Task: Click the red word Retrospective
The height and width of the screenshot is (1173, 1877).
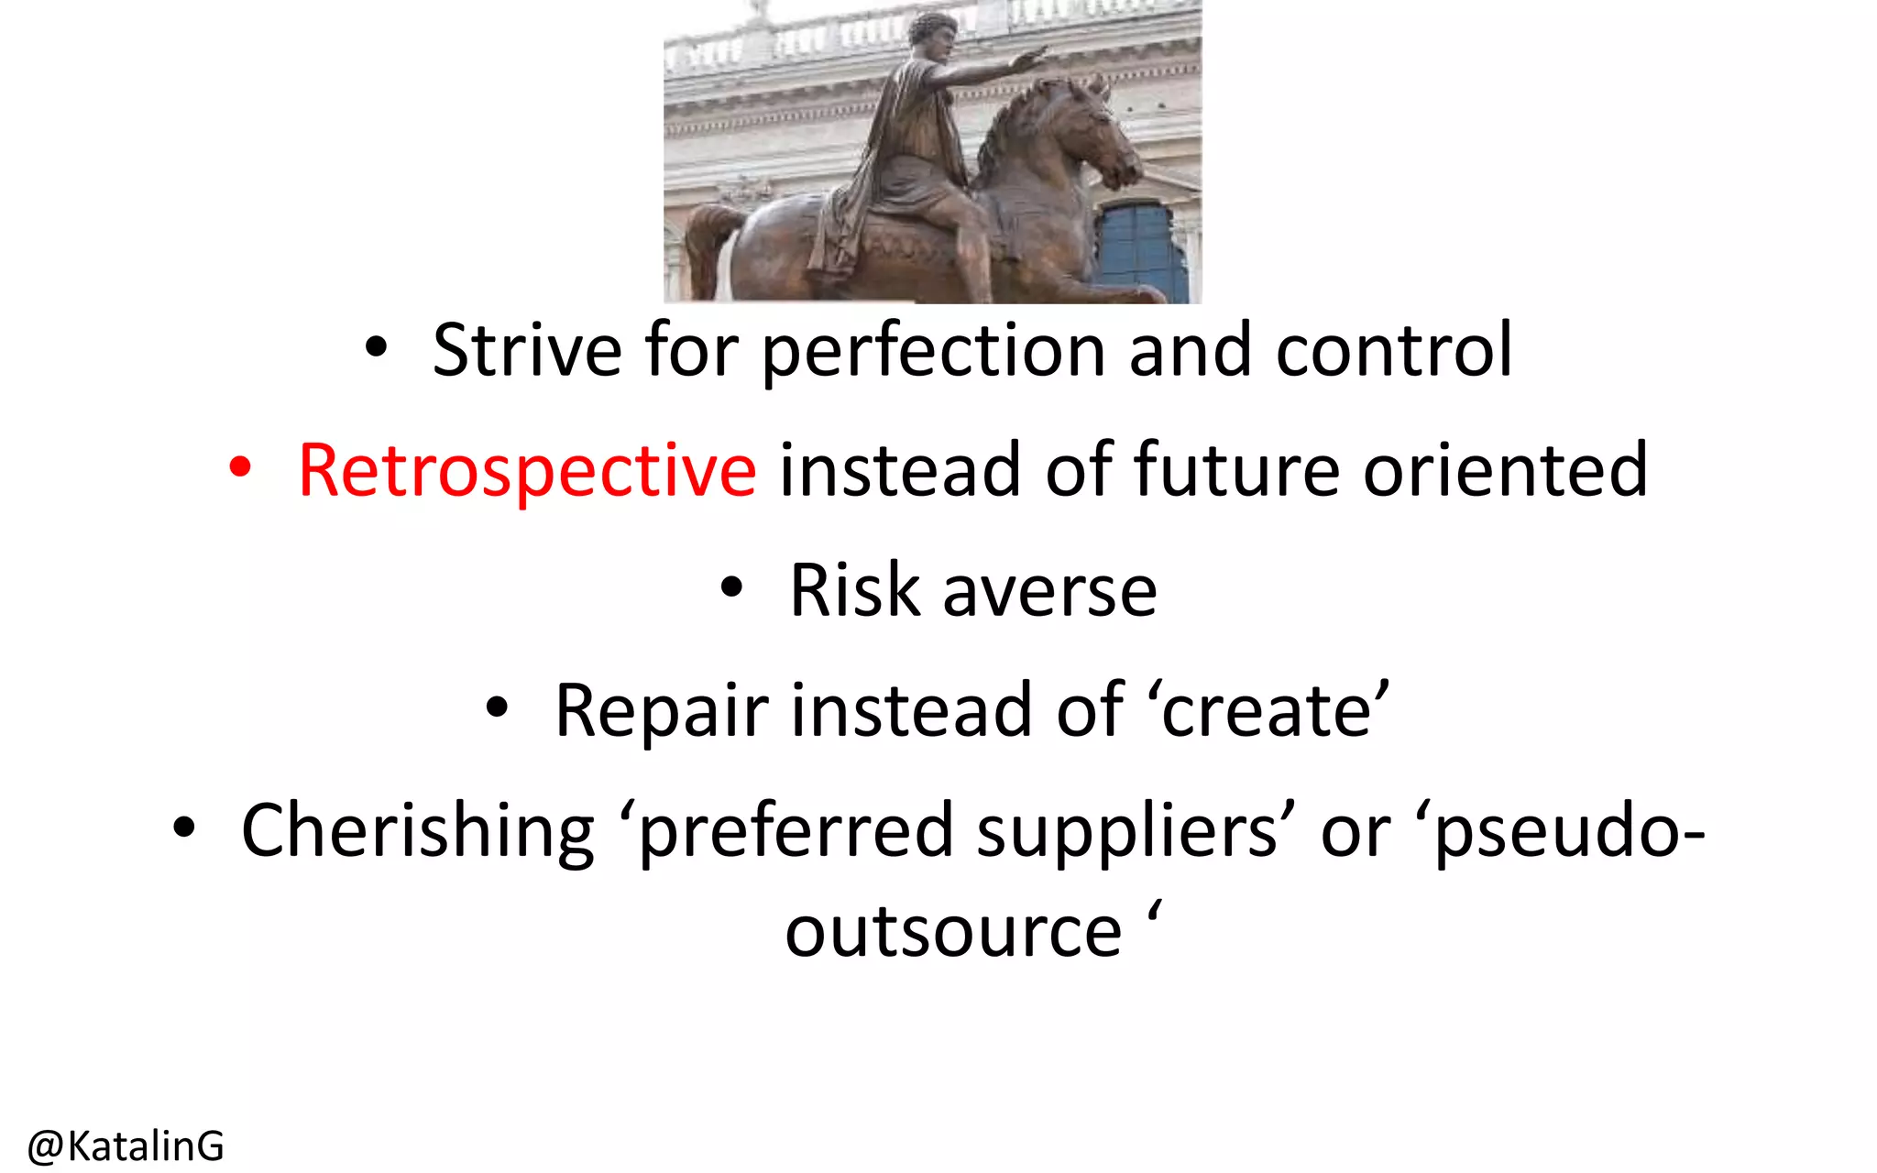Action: coord(527,471)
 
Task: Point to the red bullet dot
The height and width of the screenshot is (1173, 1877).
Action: coord(240,468)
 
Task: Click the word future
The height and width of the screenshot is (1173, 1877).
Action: coord(1236,469)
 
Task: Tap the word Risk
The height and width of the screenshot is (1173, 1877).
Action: coord(854,590)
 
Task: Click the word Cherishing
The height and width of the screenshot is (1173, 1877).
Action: coord(418,830)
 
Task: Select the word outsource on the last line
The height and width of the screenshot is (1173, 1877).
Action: coord(953,933)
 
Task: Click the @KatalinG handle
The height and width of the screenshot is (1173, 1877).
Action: coord(126,1146)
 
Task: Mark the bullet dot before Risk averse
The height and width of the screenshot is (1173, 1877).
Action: coord(730,587)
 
